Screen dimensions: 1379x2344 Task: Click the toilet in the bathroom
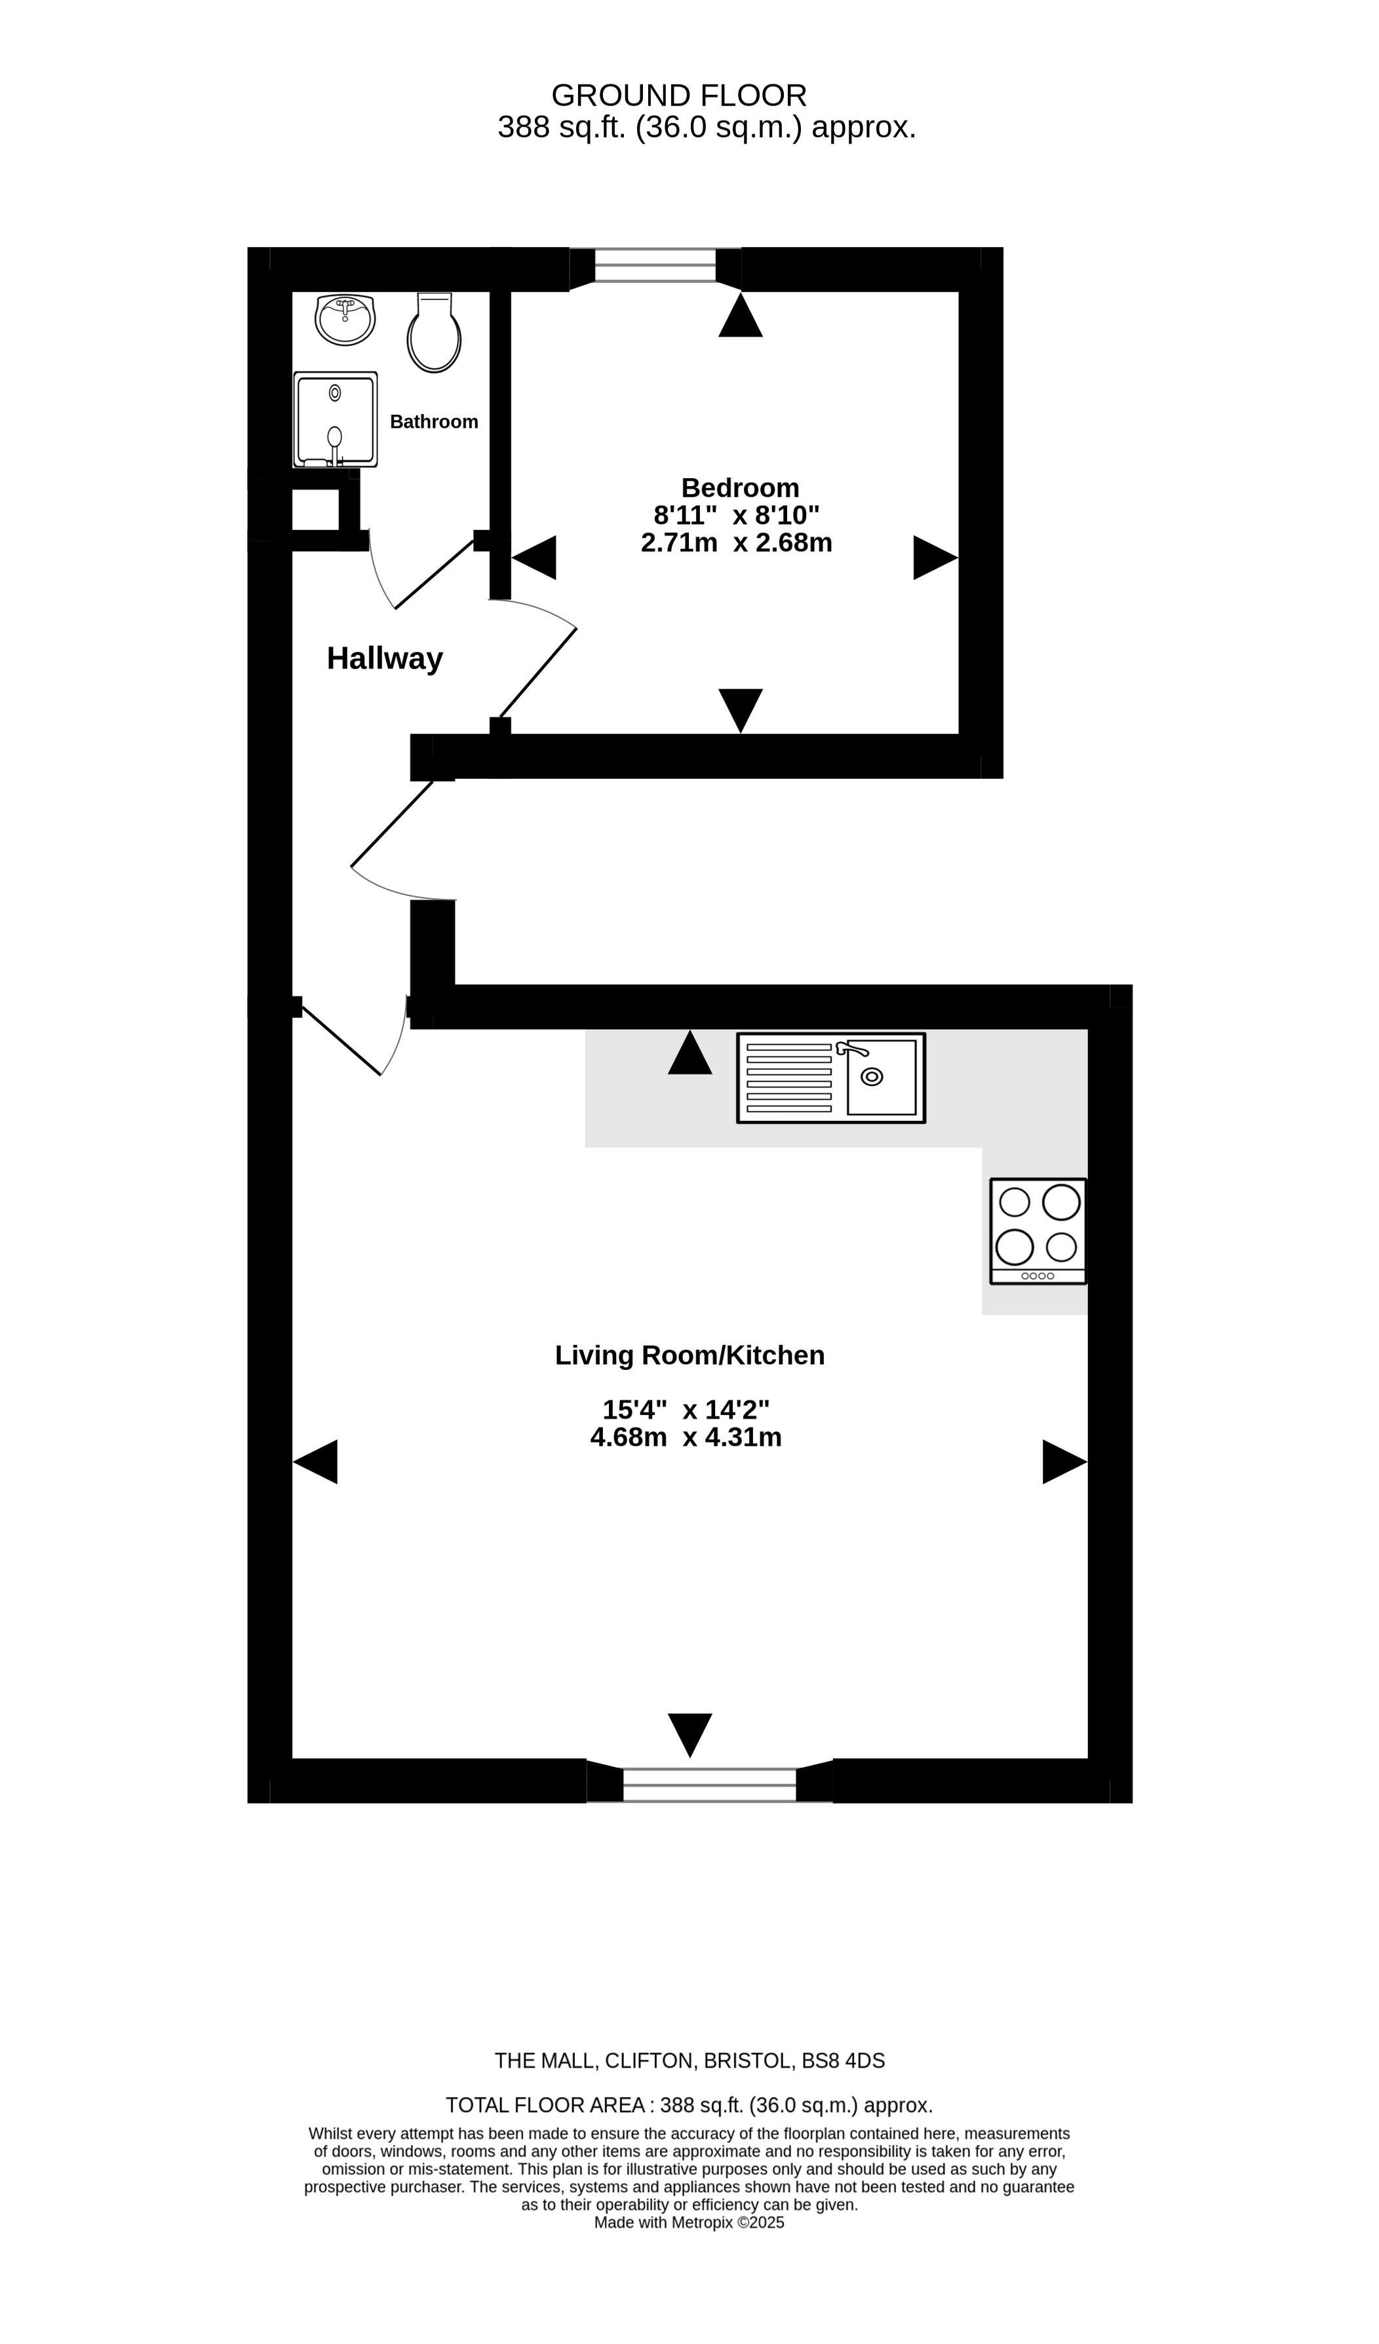coord(434,333)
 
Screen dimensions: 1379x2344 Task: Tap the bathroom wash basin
coord(345,319)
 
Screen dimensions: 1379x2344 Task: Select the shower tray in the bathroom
coord(335,419)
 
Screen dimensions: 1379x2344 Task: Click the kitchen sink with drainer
coord(831,1078)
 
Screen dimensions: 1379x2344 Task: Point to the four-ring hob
coord(1038,1232)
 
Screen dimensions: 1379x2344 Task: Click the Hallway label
coord(384,658)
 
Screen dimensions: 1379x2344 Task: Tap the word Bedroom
coord(740,487)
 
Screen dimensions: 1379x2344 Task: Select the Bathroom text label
coord(434,421)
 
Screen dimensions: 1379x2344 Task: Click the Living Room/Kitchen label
coord(689,1355)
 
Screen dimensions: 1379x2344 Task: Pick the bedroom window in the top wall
coord(655,265)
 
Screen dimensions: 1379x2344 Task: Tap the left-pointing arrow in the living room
coord(315,1462)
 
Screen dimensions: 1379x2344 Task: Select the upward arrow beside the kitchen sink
coord(689,1052)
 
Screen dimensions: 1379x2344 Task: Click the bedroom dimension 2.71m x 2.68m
coord(736,542)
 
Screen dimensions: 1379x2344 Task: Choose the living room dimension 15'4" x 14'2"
coord(686,1410)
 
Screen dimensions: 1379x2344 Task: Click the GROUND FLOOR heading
coord(679,96)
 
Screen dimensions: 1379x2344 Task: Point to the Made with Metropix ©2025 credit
coord(689,2222)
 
